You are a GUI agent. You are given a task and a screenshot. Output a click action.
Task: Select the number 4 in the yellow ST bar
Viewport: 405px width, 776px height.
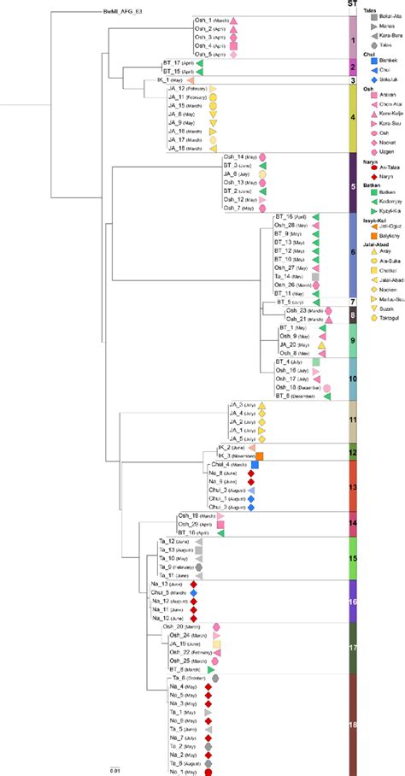click(352, 118)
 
